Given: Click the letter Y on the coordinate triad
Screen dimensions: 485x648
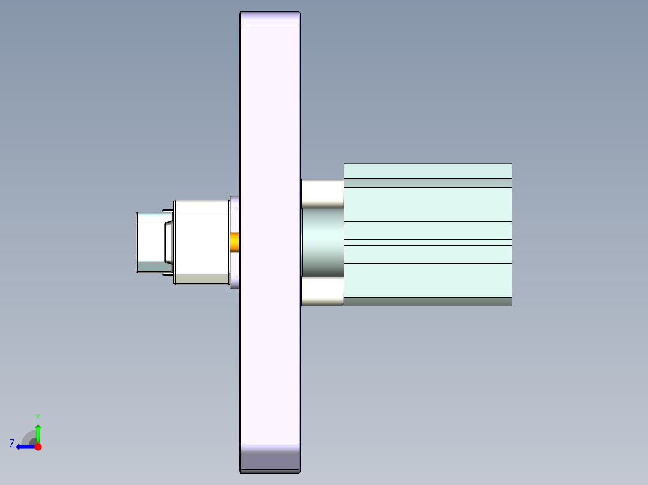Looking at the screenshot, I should coord(37,417).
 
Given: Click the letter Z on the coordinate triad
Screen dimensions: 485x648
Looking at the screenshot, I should coord(12,443).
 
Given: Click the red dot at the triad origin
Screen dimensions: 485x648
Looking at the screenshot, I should coord(38,447).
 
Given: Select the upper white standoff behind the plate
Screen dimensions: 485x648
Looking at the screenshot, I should coord(322,194).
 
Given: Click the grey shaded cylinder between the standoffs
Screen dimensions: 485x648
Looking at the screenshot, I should coord(322,242).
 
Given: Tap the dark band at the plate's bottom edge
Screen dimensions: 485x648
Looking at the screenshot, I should coord(270,462).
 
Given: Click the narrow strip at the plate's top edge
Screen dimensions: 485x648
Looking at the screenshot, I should coord(270,19).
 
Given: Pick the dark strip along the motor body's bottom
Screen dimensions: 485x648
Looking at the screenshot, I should coord(427,301).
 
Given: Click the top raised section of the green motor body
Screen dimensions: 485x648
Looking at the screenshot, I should coord(427,171).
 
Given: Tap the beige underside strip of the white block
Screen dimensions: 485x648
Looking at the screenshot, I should coord(201,279).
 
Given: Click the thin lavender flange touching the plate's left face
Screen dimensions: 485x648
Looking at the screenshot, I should coord(235,210).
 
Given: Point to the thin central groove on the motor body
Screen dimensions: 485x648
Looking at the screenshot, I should coord(427,242).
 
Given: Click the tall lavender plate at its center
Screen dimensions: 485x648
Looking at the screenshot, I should coord(270,240).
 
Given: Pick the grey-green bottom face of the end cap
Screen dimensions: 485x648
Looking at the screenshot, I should coord(153,267).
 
